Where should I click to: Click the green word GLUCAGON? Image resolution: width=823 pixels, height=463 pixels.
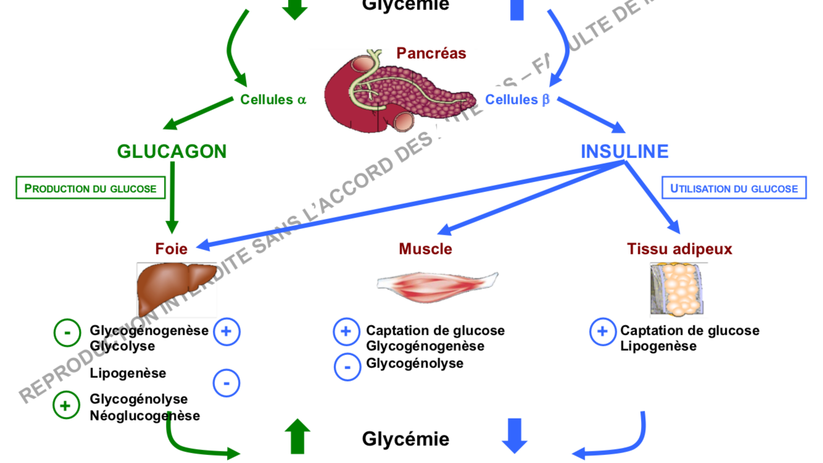tap(172, 151)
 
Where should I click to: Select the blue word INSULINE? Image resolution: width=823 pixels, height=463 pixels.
tap(624, 151)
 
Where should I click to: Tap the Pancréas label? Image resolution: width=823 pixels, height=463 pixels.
tap(431, 53)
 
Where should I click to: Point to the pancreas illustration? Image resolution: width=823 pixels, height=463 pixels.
tap(398, 93)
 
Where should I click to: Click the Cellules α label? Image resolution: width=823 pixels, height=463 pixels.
tap(273, 99)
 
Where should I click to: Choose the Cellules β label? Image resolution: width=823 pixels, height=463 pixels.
tap(517, 99)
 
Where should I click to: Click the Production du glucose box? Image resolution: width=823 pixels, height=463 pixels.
tap(91, 188)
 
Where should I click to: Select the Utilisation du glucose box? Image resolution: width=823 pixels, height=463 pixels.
tap(734, 188)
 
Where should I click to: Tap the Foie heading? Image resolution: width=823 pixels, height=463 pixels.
tap(172, 249)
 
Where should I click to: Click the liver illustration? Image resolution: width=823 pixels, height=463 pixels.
tap(176, 287)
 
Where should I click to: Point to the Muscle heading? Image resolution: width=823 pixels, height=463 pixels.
tap(425, 249)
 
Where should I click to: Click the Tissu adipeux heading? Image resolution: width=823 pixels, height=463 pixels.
tap(679, 249)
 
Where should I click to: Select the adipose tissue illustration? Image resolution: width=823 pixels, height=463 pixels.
tap(678, 289)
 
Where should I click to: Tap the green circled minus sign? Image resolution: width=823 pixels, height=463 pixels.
tap(67, 333)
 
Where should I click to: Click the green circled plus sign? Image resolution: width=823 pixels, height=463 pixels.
tap(66, 405)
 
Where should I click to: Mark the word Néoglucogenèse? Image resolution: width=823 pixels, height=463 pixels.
tap(145, 415)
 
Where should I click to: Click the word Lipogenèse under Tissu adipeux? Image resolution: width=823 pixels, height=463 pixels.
tap(658, 346)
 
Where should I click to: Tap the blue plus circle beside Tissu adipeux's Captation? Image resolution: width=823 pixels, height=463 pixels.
tap(602, 332)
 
